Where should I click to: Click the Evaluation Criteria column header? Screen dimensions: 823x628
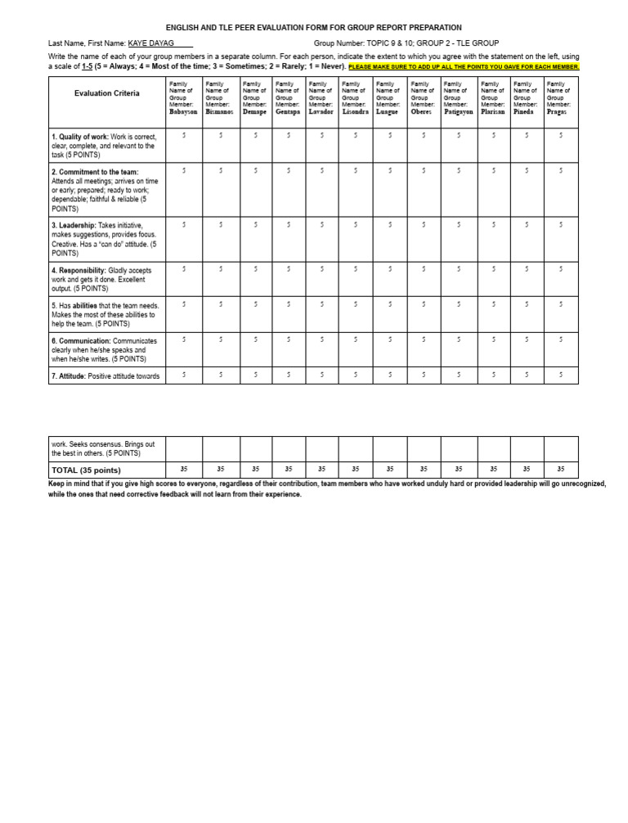pos(106,94)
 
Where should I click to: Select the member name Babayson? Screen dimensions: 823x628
pos(183,112)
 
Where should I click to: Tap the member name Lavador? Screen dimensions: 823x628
pos(321,112)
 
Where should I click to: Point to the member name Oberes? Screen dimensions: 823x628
pos(421,112)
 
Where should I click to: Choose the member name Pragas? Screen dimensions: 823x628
pos(557,112)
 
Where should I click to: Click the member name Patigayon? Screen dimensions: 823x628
pos(459,112)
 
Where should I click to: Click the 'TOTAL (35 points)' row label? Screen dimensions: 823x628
pos(86,470)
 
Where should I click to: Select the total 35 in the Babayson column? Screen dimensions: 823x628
pos(184,470)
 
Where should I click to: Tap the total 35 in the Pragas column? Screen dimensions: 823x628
pos(561,470)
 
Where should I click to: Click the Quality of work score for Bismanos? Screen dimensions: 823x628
pos(221,136)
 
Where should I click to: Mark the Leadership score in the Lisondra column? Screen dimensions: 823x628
pos(356,224)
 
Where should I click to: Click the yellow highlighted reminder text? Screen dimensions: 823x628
pos(464,67)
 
